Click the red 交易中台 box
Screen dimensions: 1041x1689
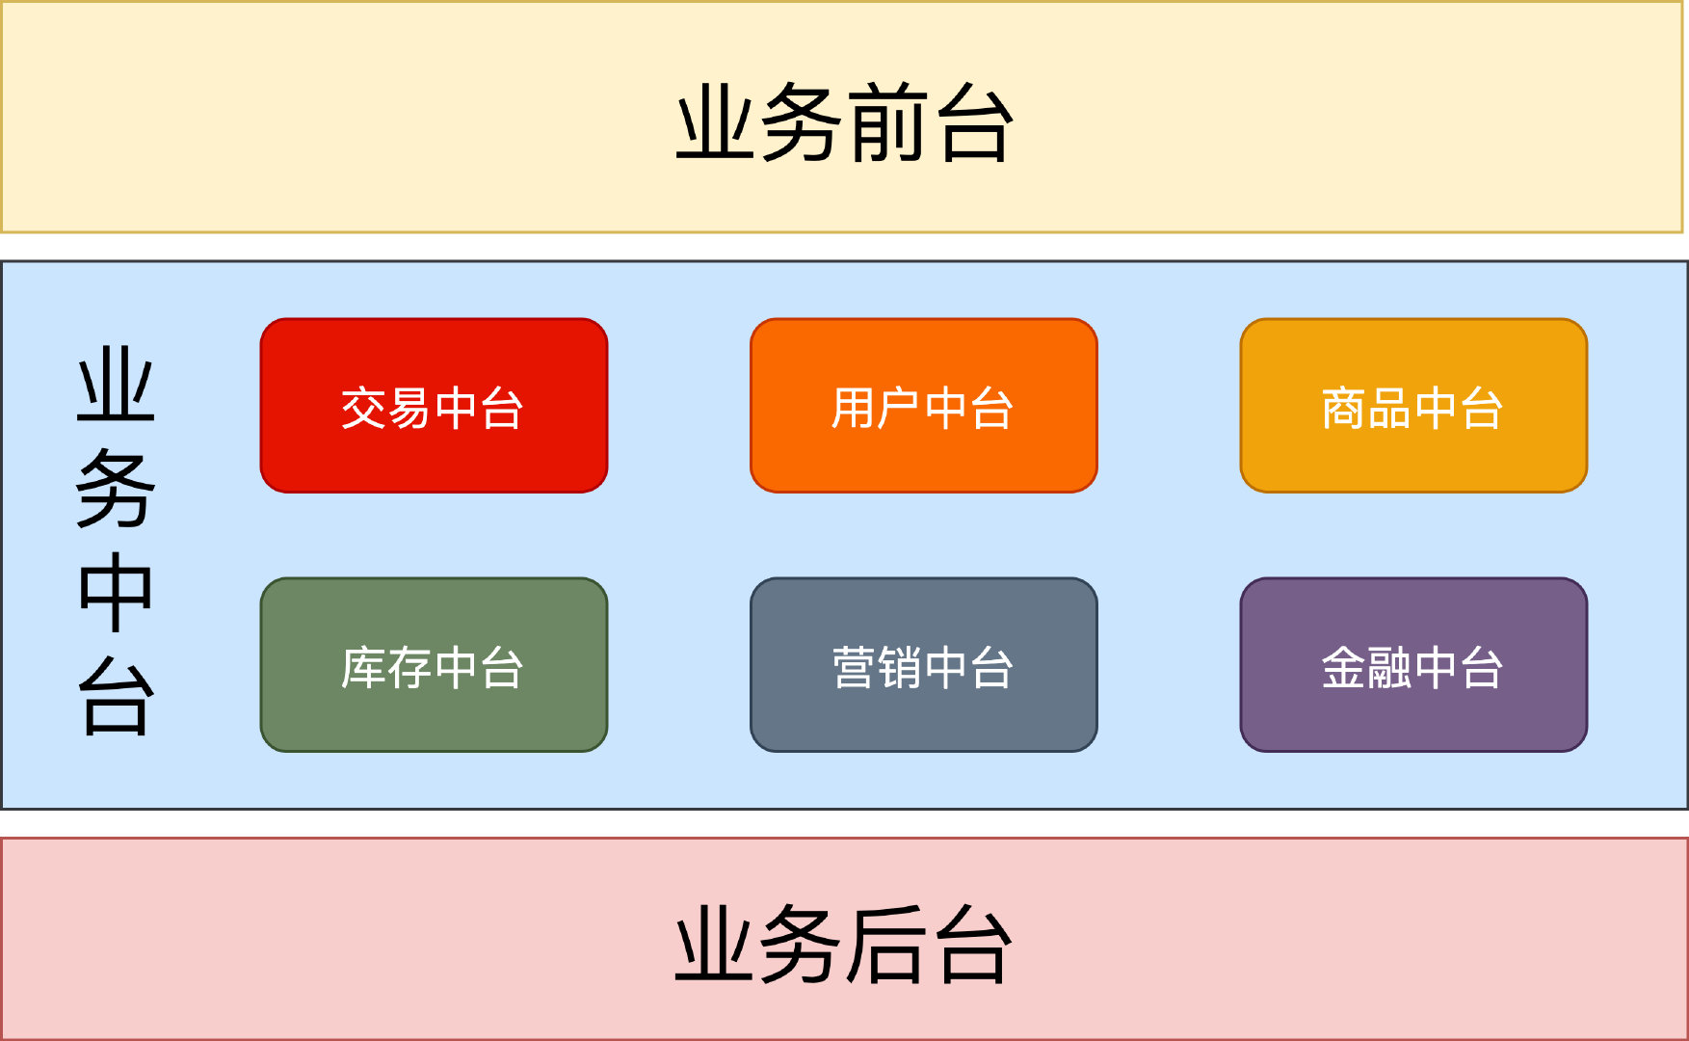[x=434, y=406]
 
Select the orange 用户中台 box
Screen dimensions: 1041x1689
[x=923, y=406]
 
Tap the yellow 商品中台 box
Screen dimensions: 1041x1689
[x=1412, y=406]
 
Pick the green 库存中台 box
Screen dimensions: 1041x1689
[x=434, y=665]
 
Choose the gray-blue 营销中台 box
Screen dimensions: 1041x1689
[x=923, y=665]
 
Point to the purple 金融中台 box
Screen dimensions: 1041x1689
[x=1412, y=665]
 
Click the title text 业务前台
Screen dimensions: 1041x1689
[x=844, y=123]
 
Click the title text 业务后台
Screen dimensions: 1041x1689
[x=844, y=945]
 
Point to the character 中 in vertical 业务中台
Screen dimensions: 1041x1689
[x=116, y=592]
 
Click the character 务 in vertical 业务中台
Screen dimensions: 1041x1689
[x=116, y=490]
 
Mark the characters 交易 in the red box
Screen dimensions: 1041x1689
[x=385, y=408]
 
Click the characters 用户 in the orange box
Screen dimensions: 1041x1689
[x=875, y=408]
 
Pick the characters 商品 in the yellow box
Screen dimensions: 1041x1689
[x=1365, y=408]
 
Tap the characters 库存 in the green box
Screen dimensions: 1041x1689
[x=385, y=667]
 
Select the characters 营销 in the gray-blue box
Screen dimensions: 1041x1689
[x=876, y=667]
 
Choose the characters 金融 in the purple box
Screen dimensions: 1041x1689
[x=1365, y=667]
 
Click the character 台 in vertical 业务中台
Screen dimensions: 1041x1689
[x=116, y=696]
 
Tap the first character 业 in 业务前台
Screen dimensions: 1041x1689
[x=717, y=123]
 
